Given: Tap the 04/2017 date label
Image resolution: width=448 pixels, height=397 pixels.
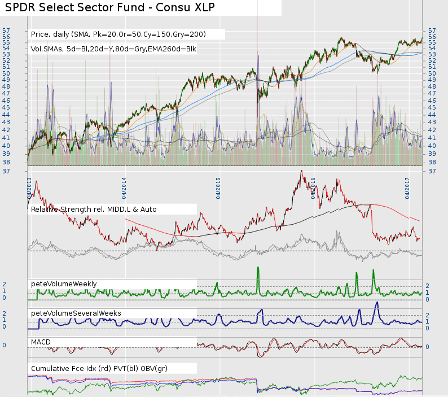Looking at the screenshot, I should point(407,187).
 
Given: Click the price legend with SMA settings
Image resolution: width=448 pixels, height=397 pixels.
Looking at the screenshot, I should point(118,34).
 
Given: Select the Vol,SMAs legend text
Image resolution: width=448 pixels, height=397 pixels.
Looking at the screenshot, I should point(113,49).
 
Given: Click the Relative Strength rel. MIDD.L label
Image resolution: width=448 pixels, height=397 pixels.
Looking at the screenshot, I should point(94,210).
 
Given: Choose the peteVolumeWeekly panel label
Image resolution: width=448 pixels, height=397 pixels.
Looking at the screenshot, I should point(64,283).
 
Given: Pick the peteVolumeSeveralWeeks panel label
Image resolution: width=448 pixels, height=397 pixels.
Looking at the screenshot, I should point(76,313).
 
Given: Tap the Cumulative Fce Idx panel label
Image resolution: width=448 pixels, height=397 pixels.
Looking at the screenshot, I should point(99,369).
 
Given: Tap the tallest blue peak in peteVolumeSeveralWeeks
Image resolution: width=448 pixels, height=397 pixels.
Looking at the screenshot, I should point(376,303).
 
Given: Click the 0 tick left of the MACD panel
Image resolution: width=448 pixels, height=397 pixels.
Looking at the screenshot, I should point(5,345).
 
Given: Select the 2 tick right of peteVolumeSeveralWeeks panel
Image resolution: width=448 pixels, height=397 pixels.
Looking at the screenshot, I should point(427,315).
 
